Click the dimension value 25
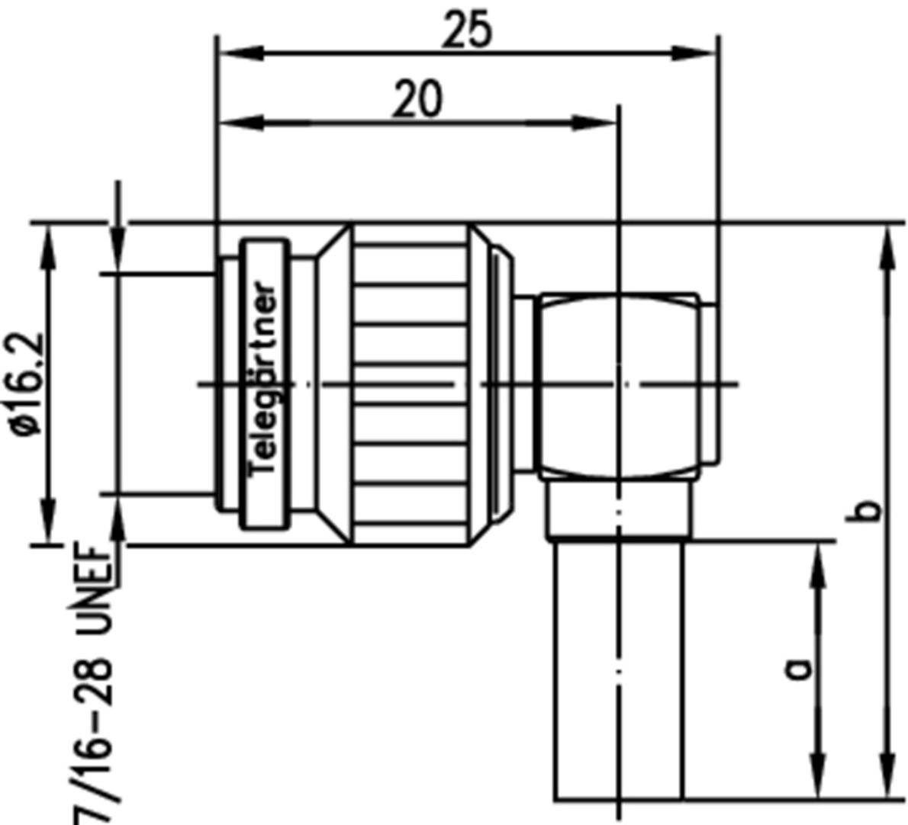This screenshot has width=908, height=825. point(468,31)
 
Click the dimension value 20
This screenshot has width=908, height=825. point(417,100)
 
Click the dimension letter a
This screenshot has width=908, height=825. point(797,669)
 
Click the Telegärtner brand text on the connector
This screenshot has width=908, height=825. point(265,379)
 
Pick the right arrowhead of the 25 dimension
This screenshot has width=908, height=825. point(698,53)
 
